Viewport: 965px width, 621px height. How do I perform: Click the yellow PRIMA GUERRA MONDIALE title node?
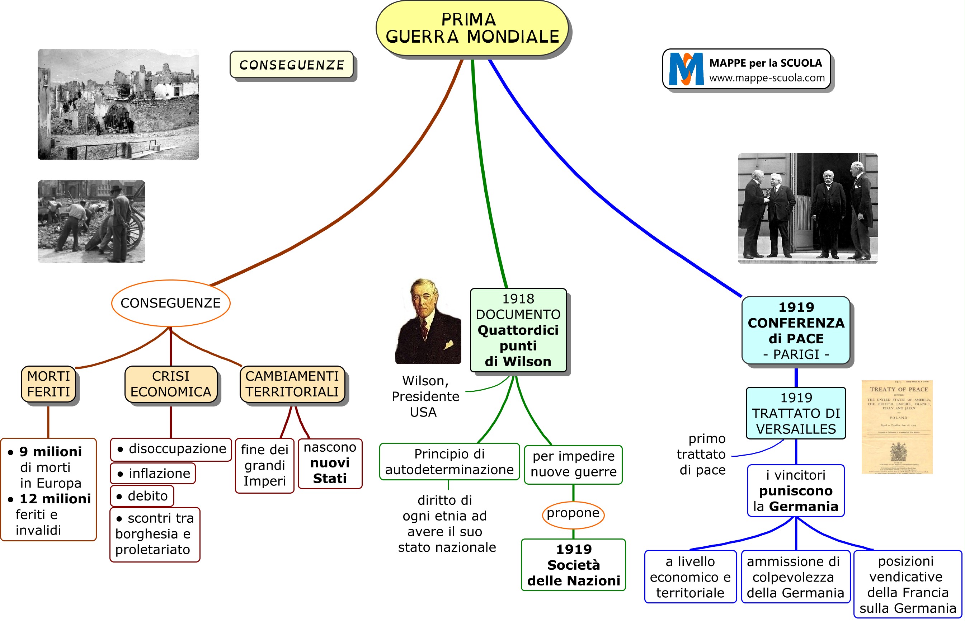[472, 28]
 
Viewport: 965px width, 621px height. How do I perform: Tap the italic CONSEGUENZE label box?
[292, 65]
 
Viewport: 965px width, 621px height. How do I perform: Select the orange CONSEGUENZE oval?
[170, 303]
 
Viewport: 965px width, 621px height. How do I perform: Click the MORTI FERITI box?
[48, 384]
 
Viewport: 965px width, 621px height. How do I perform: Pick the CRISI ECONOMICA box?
[170, 384]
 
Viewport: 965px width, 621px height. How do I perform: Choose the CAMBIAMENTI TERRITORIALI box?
[292, 384]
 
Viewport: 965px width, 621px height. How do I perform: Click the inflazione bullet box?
[153, 473]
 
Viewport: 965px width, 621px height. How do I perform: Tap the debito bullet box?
[142, 495]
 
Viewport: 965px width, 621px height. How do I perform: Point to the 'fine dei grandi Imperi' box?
[264, 465]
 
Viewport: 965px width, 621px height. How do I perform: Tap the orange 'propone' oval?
[573, 513]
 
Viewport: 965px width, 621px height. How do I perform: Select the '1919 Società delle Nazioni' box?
[573, 565]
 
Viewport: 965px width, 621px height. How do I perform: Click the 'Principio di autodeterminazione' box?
[449, 462]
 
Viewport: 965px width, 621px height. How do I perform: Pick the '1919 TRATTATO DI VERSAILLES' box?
[796, 413]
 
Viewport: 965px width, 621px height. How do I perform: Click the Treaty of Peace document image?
[897, 427]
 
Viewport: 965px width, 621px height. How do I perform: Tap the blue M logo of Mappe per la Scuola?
[686, 69]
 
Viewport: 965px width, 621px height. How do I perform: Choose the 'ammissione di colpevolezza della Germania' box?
[795, 577]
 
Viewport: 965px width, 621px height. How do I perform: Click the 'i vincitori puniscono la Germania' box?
[796, 491]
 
